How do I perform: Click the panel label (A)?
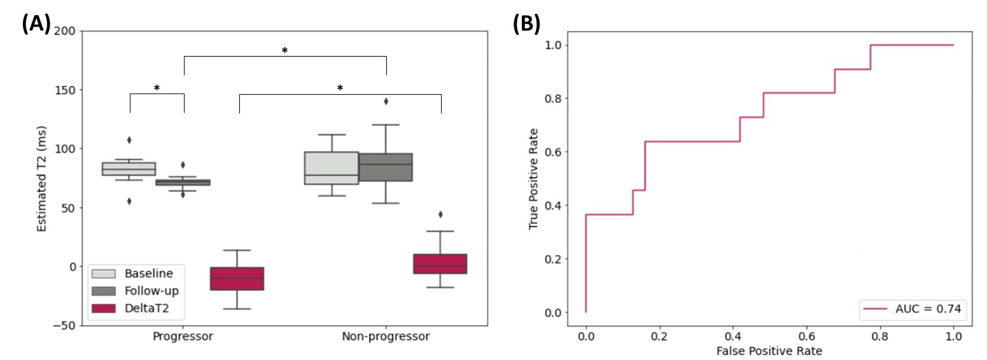pos(36,24)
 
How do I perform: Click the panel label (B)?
pos(526,24)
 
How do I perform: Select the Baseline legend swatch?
pos(104,273)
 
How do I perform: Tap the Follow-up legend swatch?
pos(104,291)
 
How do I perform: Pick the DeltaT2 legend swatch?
pos(104,308)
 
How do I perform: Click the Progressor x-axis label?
pos(183,336)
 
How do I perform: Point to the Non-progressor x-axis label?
pos(386,336)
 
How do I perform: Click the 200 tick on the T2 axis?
pos(65,31)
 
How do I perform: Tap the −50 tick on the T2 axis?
pos(64,326)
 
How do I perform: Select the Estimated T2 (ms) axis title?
pos(41,179)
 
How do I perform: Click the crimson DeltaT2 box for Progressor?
pos(237,279)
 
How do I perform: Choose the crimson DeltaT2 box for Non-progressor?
pos(440,264)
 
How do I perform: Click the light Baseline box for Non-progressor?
pos(332,168)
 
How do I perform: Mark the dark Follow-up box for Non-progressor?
pos(386,167)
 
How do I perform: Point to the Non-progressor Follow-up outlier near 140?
pos(386,101)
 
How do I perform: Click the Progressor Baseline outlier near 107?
pos(129,140)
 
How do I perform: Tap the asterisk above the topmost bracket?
pos(284,51)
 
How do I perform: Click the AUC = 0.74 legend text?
pos(928,309)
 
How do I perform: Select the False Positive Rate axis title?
pos(769,351)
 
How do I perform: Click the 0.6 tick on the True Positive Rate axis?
pos(553,152)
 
